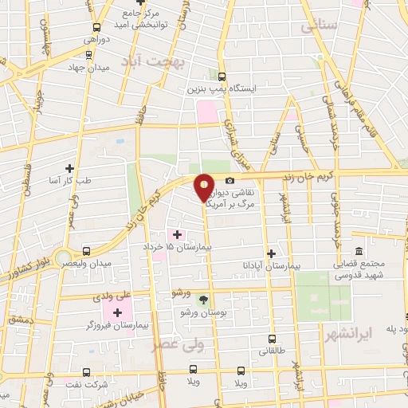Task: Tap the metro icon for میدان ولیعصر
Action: click(87, 250)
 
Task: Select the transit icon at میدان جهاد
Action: click(88, 55)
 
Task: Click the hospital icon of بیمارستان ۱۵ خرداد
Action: click(177, 233)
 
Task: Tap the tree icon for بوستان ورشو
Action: click(202, 300)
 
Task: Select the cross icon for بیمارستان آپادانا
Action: click(271, 253)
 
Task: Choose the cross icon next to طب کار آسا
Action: click(70, 168)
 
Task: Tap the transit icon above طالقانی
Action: click(272, 338)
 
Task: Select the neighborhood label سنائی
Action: click(320, 26)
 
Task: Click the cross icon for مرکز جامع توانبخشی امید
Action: click(127, 14)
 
